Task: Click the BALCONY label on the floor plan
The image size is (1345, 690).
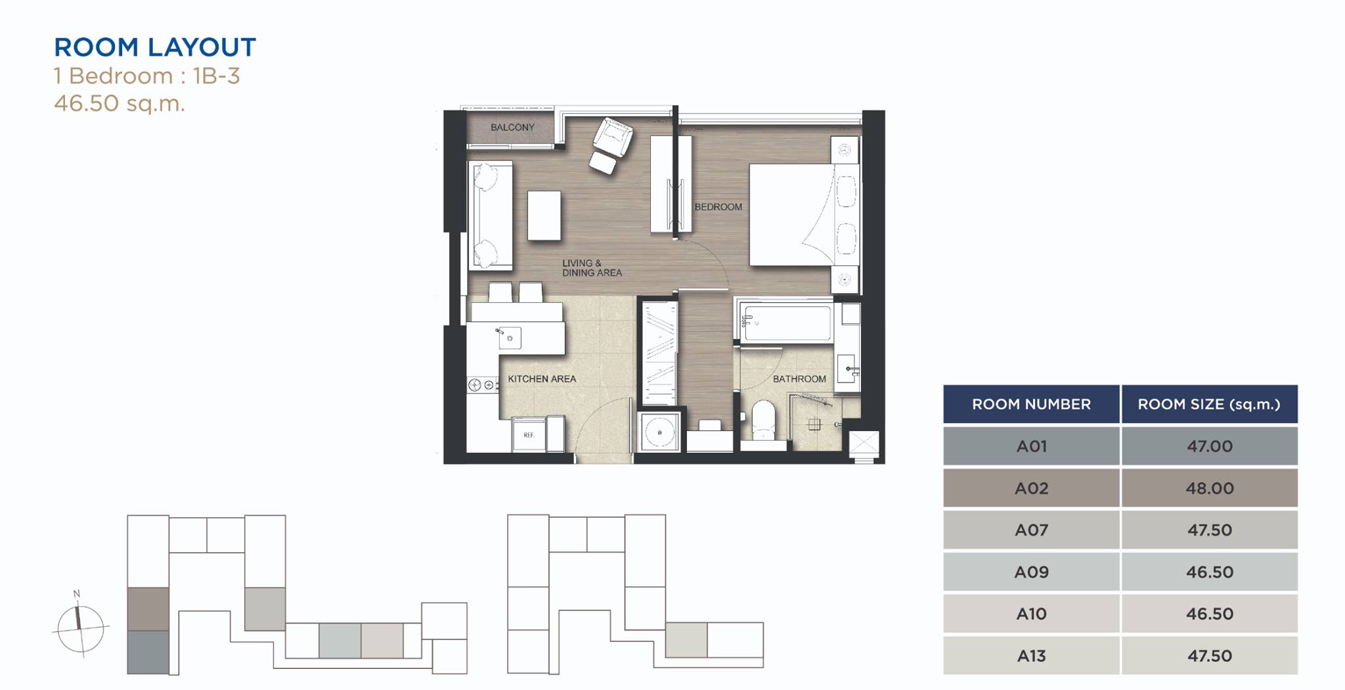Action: [512, 127]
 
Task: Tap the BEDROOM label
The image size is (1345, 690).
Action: [718, 207]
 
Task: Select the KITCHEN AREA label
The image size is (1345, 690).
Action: [542, 379]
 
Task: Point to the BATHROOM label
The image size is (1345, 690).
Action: [799, 379]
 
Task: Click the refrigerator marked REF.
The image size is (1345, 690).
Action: [529, 434]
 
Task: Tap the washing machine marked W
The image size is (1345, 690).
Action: [659, 432]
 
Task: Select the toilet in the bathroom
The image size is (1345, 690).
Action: [763, 420]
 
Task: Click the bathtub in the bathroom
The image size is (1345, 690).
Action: [786, 322]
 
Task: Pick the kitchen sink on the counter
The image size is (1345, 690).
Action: [509, 338]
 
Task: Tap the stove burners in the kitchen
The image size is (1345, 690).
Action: [482, 385]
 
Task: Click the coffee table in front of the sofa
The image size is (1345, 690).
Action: [544, 216]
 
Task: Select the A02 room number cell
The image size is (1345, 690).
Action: [1031, 488]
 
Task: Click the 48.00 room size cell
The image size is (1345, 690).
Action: [1210, 488]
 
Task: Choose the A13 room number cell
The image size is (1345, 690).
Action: [1031, 656]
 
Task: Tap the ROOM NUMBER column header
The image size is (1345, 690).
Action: [1031, 404]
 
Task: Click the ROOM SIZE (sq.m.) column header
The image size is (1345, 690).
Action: [1210, 404]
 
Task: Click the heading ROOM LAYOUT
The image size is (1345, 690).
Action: [155, 47]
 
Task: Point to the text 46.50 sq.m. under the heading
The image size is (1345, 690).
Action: [120, 104]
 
